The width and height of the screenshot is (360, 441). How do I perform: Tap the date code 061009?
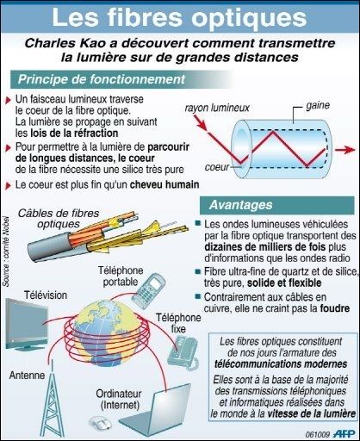tap(318, 434)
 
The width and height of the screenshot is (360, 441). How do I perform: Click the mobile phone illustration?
tap(149, 290)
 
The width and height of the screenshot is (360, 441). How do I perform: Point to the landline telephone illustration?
tap(183, 353)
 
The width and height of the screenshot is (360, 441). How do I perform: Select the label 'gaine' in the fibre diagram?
tap(318, 106)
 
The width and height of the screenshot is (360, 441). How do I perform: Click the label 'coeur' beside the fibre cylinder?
tap(217, 167)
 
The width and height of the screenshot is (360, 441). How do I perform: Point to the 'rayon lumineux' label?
tap(217, 108)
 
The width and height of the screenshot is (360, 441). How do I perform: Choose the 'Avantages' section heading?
tap(240, 205)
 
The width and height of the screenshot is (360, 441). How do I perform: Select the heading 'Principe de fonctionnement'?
tap(102, 79)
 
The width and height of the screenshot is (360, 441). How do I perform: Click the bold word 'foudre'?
tap(335, 308)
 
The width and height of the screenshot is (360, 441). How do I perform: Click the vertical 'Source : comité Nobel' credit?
tap(6, 252)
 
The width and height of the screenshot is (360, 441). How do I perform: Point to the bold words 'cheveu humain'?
tap(164, 184)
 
